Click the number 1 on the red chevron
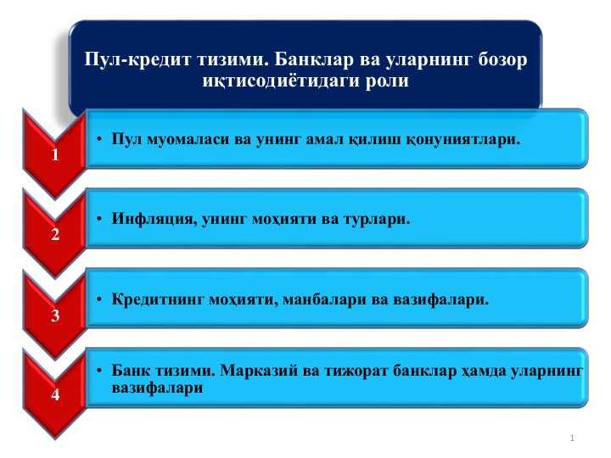pos(55,154)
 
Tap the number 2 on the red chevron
pos(55,234)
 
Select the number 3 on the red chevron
pos(55,316)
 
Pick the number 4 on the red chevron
pos(55,394)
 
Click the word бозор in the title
pos(502,59)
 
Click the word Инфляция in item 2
pos(153,219)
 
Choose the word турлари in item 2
pos(376,220)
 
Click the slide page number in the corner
pos(572,438)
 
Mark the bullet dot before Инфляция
pos(99,219)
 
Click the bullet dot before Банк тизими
pos(99,371)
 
